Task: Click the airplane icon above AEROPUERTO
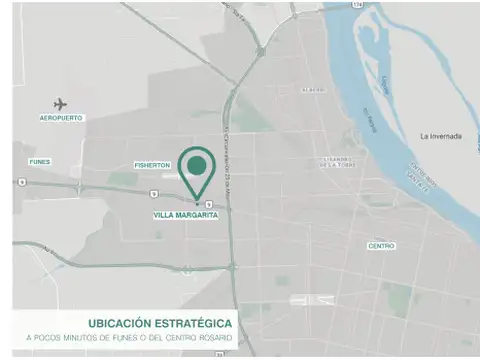tap(60, 103)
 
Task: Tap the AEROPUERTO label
tap(61, 118)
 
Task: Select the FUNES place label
tap(40, 161)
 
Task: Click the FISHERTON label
tap(153, 165)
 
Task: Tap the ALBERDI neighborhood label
tap(313, 90)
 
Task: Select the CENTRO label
tap(381, 246)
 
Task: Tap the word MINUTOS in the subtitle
tap(81, 338)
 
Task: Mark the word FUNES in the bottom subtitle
tap(129, 338)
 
